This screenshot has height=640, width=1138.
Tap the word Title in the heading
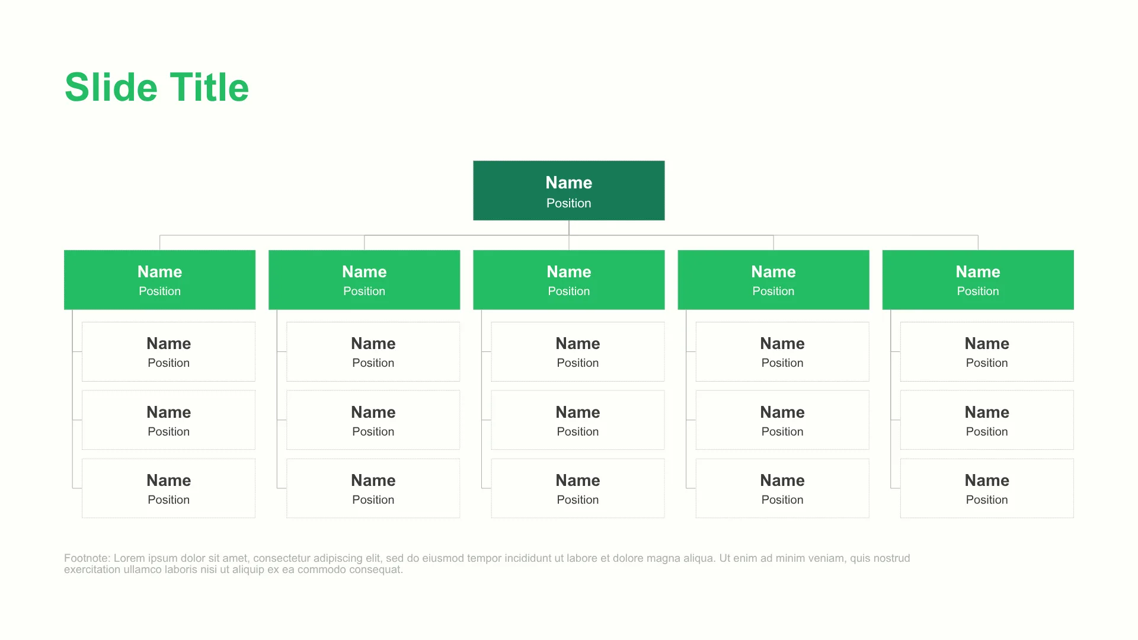209,88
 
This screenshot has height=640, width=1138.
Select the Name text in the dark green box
569,183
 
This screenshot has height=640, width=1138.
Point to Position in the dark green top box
569,203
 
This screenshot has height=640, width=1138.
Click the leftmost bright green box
160,280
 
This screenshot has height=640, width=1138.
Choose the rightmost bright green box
978,280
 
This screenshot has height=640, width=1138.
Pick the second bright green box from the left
365,280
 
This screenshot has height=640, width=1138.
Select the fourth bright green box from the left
773,280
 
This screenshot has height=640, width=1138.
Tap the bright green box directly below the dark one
569,280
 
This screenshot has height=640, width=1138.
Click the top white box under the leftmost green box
169,351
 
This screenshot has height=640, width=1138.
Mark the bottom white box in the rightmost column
987,488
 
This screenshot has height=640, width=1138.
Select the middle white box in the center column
578,420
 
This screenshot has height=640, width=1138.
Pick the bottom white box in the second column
373,488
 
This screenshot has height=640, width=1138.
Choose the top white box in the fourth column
782,351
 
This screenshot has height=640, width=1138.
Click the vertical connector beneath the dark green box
569,235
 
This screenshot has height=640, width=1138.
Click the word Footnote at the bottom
87,558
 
